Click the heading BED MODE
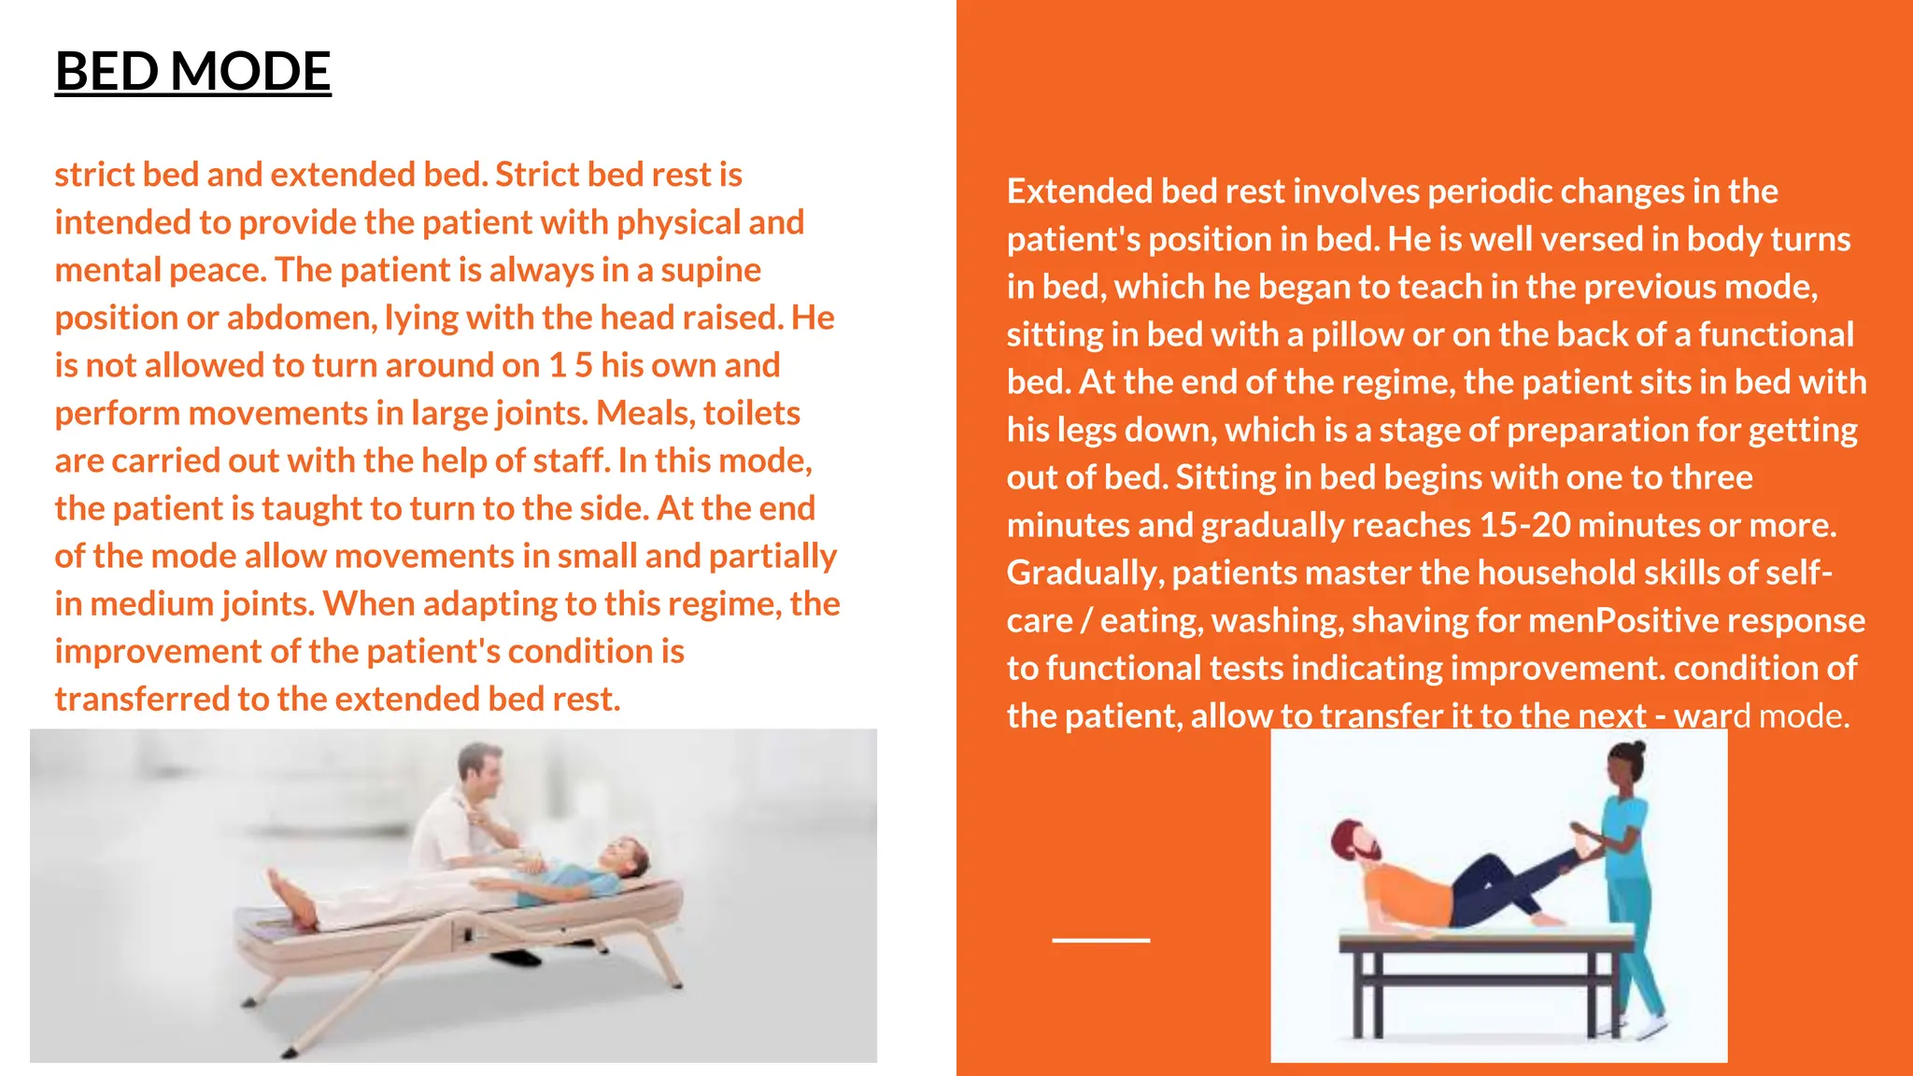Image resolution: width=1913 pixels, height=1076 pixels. (192, 72)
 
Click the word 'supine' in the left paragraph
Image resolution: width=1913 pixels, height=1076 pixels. (711, 270)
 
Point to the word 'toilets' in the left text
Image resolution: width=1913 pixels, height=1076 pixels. (752, 413)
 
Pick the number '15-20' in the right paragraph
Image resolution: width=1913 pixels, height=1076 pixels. (1525, 525)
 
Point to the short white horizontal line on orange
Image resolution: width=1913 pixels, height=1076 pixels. (1100, 940)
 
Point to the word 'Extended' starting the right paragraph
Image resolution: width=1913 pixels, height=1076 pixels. (1079, 191)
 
